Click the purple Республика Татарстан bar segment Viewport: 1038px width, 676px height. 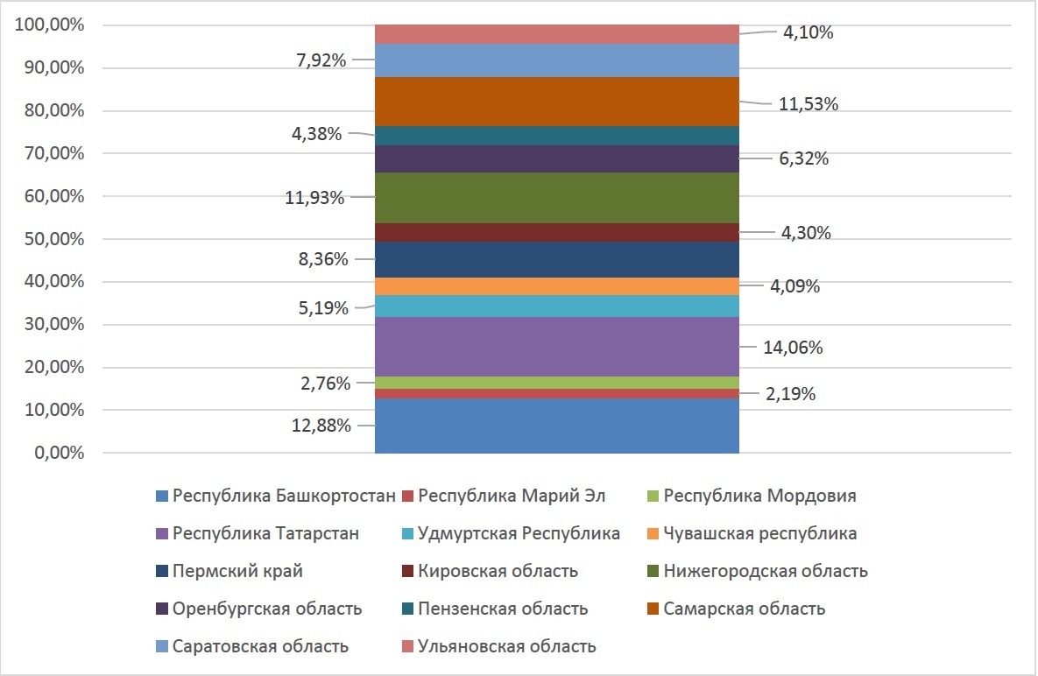click(x=556, y=346)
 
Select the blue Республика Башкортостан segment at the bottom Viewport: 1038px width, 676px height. click(x=556, y=426)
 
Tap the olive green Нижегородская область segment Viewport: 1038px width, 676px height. click(x=556, y=197)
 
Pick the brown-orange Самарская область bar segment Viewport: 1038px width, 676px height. click(x=556, y=102)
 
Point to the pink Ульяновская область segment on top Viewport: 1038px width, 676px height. click(x=556, y=34)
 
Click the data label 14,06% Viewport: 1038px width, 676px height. click(x=792, y=348)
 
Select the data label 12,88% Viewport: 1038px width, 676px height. click(x=321, y=426)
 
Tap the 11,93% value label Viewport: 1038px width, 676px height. click(x=315, y=198)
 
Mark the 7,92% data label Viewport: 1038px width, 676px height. click(x=321, y=60)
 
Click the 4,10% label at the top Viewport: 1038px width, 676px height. click(x=808, y=33)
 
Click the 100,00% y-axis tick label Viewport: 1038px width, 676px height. click(x=50, y=25)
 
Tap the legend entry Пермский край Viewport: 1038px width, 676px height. click(x=237, y=571)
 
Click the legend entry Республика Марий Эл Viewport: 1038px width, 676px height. click(x=512, y=496)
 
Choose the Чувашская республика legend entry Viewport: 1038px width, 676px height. click(x=759, y=533)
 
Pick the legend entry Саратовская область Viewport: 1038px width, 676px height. click(x=260, y=646)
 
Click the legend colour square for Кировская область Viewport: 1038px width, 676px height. click(x=407, y=572)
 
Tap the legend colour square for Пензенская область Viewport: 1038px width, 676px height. click(x=407, y=609)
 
